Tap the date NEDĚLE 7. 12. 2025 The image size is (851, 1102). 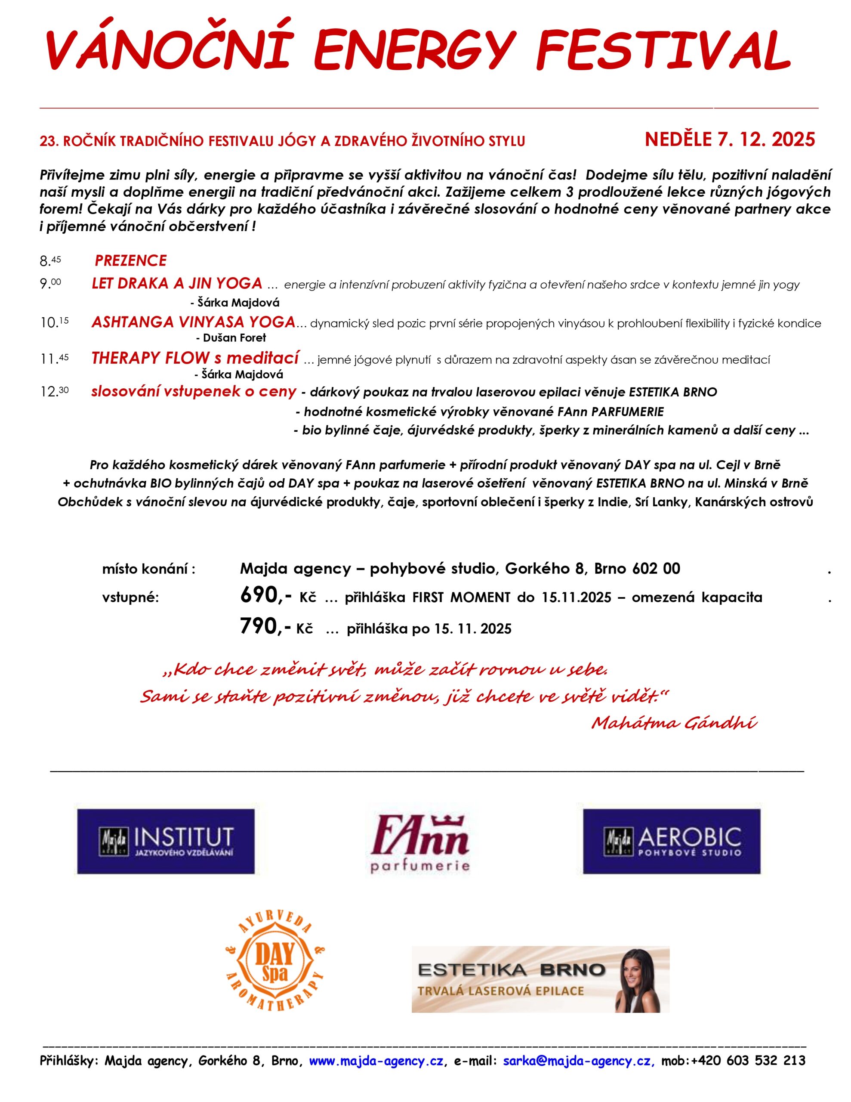[x=729, y=140]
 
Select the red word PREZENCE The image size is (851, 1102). [x=131, y=260]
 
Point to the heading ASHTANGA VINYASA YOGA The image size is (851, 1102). [x=193, y=322]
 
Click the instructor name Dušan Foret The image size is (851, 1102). [x=234, y=337]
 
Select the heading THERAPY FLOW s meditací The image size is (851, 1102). [x=195, y=358]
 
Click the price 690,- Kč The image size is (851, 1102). [x=278, y=597]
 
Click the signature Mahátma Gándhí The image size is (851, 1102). [x=674, y=723]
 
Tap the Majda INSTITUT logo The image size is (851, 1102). [x=166, y=841]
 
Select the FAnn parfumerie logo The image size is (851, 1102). [x=420, y=841]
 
